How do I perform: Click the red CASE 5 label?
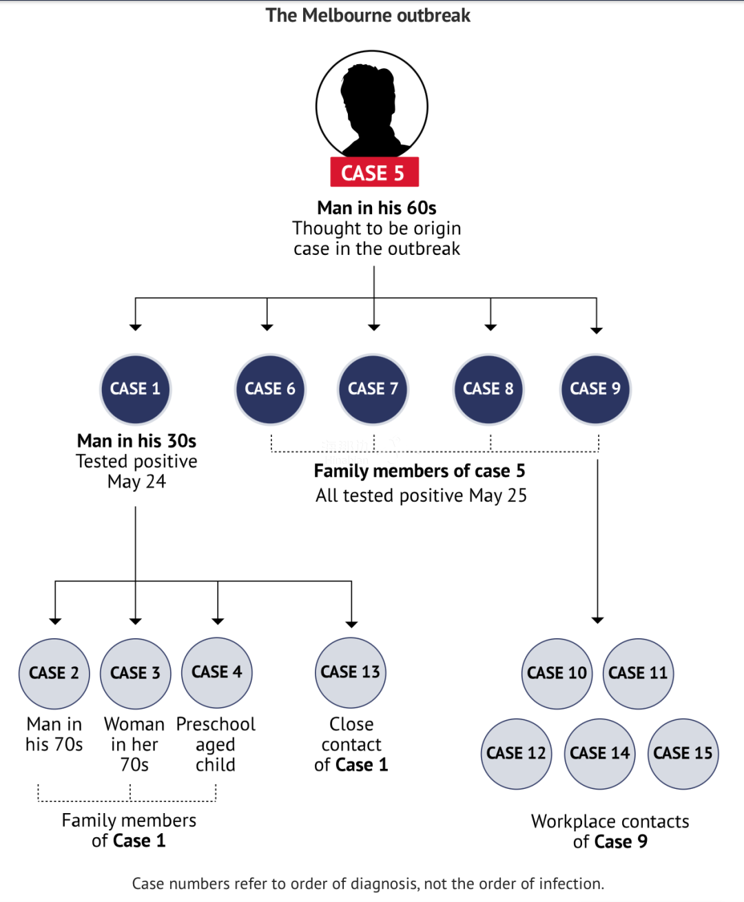point(374,172)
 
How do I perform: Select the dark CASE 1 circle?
point(136,389)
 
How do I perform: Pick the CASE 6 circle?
point(270,389)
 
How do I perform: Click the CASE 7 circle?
point(373,389)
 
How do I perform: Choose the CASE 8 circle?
point(488,389)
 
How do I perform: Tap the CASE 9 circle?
point(595,389)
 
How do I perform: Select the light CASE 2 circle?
point(54,673)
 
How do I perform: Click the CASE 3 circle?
point(136,673)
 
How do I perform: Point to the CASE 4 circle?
point(217,673)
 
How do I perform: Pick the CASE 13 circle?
point(351,673)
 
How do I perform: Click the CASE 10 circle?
point(557,673)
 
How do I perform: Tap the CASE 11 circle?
point(639,673)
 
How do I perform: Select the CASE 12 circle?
point(516,753)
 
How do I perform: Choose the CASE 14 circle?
point(600,753)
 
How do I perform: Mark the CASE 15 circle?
point(683,753)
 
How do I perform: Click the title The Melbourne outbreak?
point(368,15)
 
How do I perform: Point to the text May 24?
point(136,482)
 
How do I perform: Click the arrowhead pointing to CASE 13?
point(351,624)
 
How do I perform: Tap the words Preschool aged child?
point(216,744)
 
